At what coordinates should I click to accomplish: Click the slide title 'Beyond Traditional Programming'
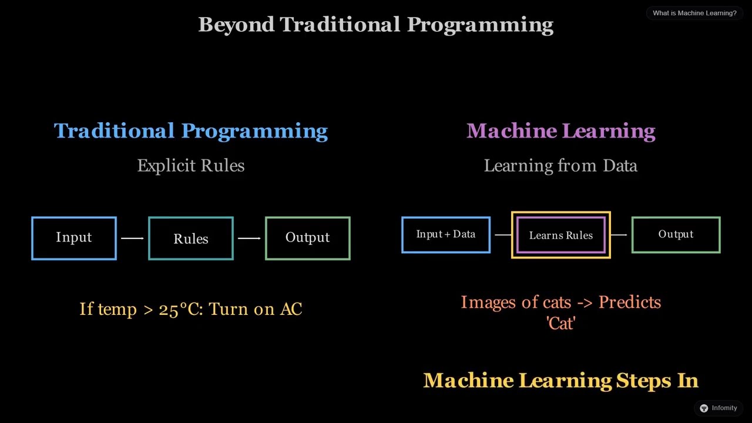tap(375, 25)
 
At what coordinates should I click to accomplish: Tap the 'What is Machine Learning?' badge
tap(694, 13)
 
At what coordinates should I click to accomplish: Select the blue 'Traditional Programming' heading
tap(190, 130)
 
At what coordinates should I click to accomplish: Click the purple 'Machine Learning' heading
tap(560, 130)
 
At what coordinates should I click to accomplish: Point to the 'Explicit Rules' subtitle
tap(190, 166)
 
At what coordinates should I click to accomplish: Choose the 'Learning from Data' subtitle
tap(560, 166)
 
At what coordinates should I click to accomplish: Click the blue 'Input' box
tap(74, 238)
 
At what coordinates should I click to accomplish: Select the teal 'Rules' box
tap(191, 238)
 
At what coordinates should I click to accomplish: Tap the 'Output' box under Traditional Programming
tap(307, 238)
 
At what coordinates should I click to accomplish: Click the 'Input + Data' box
tap(445, 234)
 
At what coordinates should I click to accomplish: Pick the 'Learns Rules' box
tap(560, 235)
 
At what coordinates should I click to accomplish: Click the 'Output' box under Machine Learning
tap(676, 234)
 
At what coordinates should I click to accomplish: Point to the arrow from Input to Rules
tap(132, 238)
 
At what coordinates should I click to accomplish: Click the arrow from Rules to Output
tap(249, 238)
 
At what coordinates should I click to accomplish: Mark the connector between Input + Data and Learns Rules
tap(502, 235)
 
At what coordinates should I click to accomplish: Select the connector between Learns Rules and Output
tap(619, 235)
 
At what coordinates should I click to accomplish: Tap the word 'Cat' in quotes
tap(560, 324)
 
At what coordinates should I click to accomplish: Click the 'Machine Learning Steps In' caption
tap(560, 381)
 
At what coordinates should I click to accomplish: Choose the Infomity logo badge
tap(718, 408)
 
